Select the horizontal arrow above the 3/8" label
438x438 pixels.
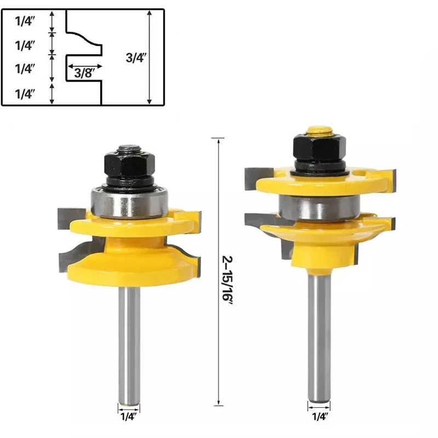[84, 64]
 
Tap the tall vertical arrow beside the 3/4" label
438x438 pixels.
[150, 57]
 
